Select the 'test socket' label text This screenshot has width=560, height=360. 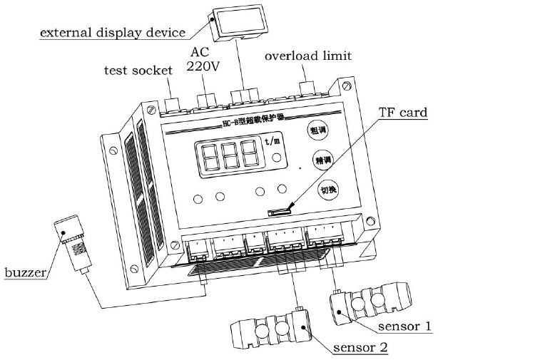tap(138, 70)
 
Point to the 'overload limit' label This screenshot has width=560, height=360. tap(308, 56)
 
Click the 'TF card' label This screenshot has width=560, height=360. tap(403, 112)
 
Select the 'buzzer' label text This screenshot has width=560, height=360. tap(26, 273)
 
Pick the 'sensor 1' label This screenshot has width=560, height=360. tap(404, 326)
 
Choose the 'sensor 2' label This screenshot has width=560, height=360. tap(360, 348)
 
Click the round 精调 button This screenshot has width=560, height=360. tap(322, 160)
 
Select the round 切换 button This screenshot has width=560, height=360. tap(328, 190)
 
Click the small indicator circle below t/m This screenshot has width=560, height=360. tap(274, 162)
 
